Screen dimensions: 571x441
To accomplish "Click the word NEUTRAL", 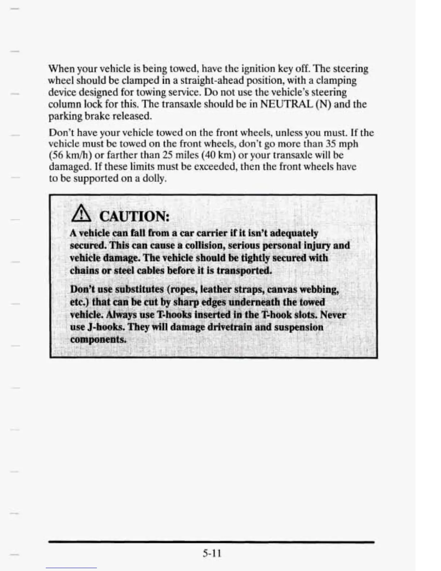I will tap(286, 104).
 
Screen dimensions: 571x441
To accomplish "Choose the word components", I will tap(98, 340).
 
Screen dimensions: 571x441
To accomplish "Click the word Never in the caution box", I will tap(333, 315).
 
